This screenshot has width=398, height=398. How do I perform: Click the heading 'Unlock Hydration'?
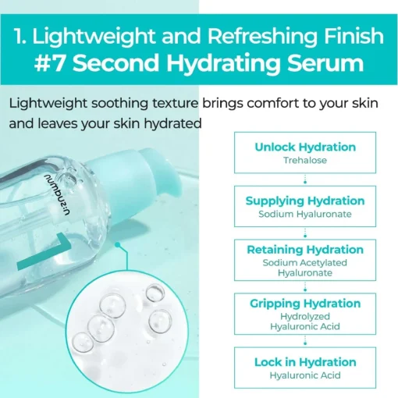tap(305, 147)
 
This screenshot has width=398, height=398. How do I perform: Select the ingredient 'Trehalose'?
tap(305, 160)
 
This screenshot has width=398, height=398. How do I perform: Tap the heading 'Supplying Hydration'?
tap(305, 201)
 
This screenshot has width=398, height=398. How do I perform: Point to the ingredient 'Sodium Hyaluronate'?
tap(305, 214)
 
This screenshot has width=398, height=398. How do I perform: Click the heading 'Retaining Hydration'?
tap(305, 250)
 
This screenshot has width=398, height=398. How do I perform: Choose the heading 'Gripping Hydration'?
tap(305, 304)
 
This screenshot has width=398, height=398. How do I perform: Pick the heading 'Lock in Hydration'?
tap(305, 362)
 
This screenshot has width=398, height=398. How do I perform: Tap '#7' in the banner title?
tap(49, 63)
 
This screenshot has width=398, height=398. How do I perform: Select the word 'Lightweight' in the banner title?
tap(93, 37)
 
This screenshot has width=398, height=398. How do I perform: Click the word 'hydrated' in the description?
tap(172, 123)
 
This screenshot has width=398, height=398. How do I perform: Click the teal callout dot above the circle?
tap(118, 245)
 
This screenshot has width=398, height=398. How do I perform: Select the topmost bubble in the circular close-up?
tap(155, 293)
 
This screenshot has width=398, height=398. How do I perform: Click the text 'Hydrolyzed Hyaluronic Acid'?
tap(305, 322)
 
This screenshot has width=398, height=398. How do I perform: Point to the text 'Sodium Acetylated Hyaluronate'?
tap(305, 268)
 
